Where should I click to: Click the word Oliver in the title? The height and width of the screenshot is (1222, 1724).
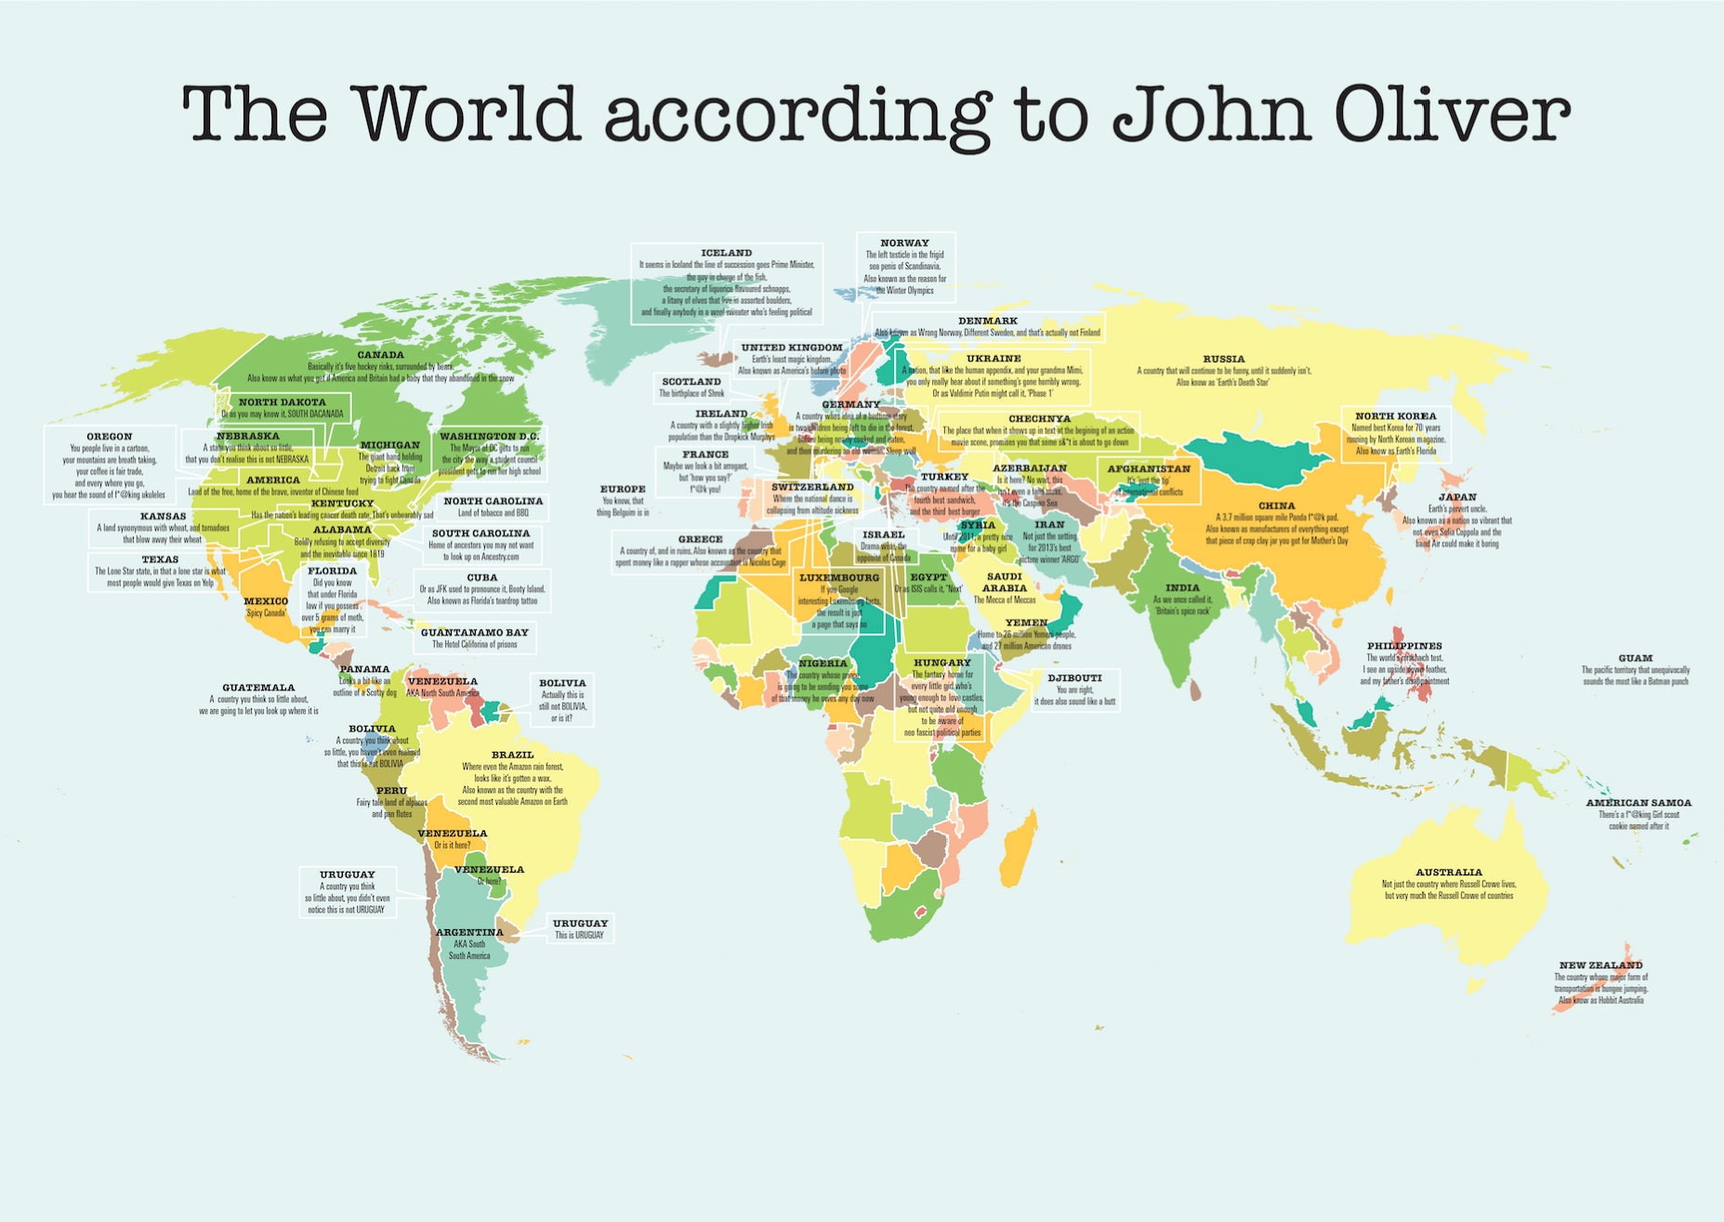pyautogui.click(x=1452, y=114)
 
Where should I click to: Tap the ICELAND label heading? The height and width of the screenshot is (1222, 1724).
pyautogui.click(x=726, y=253)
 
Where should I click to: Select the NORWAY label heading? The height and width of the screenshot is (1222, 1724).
pyautogui.click(x=904, y=243)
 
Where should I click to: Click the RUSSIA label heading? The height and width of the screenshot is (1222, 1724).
pyautogui.click(x=1223, y=359)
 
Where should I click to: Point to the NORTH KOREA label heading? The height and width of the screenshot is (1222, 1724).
pyautogui.click(x=1395, y=416)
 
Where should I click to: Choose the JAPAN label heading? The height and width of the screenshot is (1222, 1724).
pyautogui.click(x=1457, y=497)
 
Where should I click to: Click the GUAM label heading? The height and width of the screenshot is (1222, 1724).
pyautogui.click(x=1635, y=658)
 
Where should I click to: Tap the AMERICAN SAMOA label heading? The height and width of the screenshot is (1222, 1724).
pyautogui.click(x=1638, y=803)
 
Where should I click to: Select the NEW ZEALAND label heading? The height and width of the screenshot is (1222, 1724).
pyautogui.click(x=1600, y=966)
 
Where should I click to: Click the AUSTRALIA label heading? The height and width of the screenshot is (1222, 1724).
pyautogui.click(x=1448, y=873)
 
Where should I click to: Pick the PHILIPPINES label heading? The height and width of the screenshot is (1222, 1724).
pyautogui.click(x=1403, y=646)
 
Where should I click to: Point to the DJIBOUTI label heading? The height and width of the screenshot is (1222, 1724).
pyautogui.click(x=1074, y=678)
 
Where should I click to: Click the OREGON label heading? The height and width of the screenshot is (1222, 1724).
pyautogui.click(x=109, y=437)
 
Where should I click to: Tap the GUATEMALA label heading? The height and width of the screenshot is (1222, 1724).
pyautogui.click(x=257, y=688)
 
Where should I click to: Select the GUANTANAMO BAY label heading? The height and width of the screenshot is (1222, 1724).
pyautogui.click(x=474, y=633)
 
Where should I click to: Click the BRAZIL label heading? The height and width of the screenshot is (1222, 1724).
pyautogui.click(x=512, y=755)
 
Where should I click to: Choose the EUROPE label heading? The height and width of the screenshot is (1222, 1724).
pyautogui.click(x=622, y=489)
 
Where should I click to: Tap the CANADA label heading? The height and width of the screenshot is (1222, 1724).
pyautogui.click(x=380, y=355)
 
